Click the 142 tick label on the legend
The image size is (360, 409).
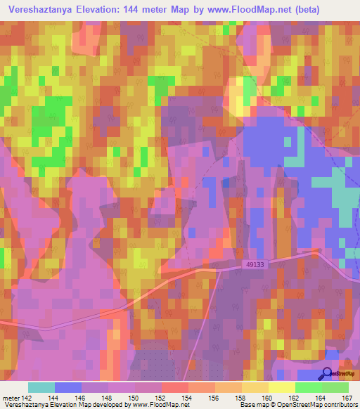25,397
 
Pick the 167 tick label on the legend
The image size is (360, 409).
345,397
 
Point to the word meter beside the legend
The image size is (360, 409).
10,397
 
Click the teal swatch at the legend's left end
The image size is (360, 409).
41,387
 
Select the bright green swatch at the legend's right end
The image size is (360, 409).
335,387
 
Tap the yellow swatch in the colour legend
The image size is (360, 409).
281,387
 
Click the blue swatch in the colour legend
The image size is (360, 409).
68,387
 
